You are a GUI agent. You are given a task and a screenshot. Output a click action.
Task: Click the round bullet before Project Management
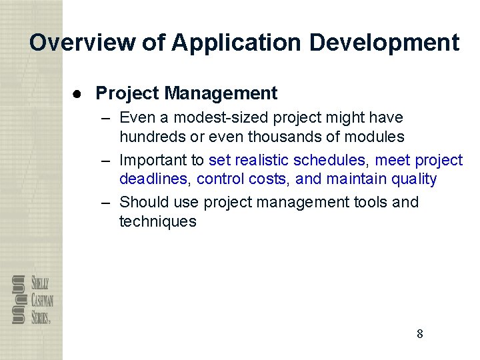[x=77, y=93]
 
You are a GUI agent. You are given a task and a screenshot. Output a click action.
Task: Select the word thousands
[x=301, y=137]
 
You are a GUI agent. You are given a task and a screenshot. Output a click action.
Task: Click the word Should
[x=142, y=202]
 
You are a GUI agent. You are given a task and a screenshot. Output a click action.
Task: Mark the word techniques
[x=158, y=221]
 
